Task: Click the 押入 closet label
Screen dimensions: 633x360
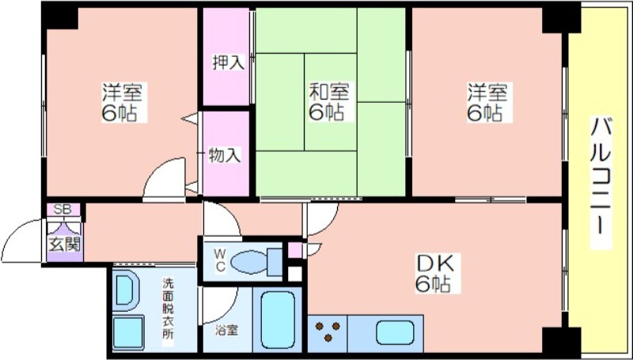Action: (x=229, y=63)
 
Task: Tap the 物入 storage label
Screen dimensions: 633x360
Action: (x=225, y=155)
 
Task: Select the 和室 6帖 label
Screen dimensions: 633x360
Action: (x=329, y=101)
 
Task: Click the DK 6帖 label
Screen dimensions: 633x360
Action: (x=435, y=274)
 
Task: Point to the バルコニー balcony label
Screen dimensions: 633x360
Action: (x=601, y=175)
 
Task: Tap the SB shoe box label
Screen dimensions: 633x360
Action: (x=63, y=210)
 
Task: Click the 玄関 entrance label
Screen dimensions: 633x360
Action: (x=65, y=244)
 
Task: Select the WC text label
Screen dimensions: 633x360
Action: (x=220, y=260)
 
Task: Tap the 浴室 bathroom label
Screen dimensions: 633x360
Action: (x=226, y=331)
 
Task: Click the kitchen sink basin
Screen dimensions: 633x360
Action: (x=395, y=332)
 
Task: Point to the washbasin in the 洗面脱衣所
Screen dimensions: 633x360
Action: (x=126, y=290)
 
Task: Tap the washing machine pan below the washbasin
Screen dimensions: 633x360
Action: (x=128, y=332)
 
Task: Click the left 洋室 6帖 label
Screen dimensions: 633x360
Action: (x=122, y=102)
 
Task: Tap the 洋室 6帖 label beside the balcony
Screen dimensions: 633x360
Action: (x=487, y=102)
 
